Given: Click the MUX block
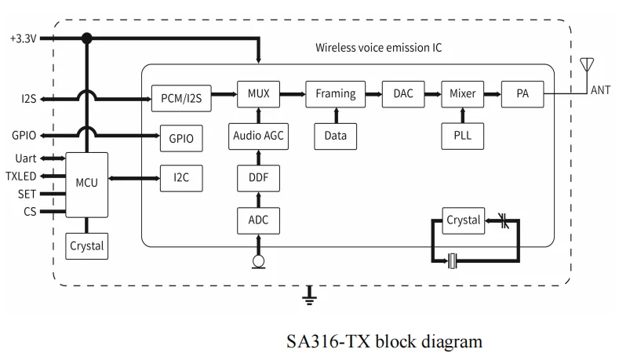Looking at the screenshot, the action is click(x=258, y=94).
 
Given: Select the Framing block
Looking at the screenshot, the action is click(x=335, y=94).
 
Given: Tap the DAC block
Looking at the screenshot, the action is click(x=403, y=94).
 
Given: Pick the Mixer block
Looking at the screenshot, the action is click(x=462, y=94).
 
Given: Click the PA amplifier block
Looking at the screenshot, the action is click(x=523, y=94).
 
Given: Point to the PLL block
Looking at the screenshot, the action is click(x=462, y=136).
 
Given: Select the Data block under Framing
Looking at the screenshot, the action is click(x=335, y=136).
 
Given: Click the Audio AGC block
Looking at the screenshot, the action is click(x=258, y=136).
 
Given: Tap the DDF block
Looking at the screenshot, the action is click(x=258, y=178).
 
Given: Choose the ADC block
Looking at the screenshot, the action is click(x=258, y=220).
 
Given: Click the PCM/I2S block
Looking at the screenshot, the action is click(x=181, y=98).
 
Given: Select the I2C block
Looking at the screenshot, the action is click(x=181, y=178).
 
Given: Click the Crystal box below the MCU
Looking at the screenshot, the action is click(x=86, y=246).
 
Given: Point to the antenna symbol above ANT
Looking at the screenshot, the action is click(x=587, y=66).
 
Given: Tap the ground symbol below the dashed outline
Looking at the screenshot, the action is click(x=309, y=296).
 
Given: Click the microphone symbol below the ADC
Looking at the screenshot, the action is click(x=259, y=262).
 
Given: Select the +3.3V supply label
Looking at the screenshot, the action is click(x=24, y=38).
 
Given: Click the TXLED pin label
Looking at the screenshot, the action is click(x=20, y=176).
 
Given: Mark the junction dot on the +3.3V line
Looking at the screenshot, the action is click(x=86, y=38).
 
